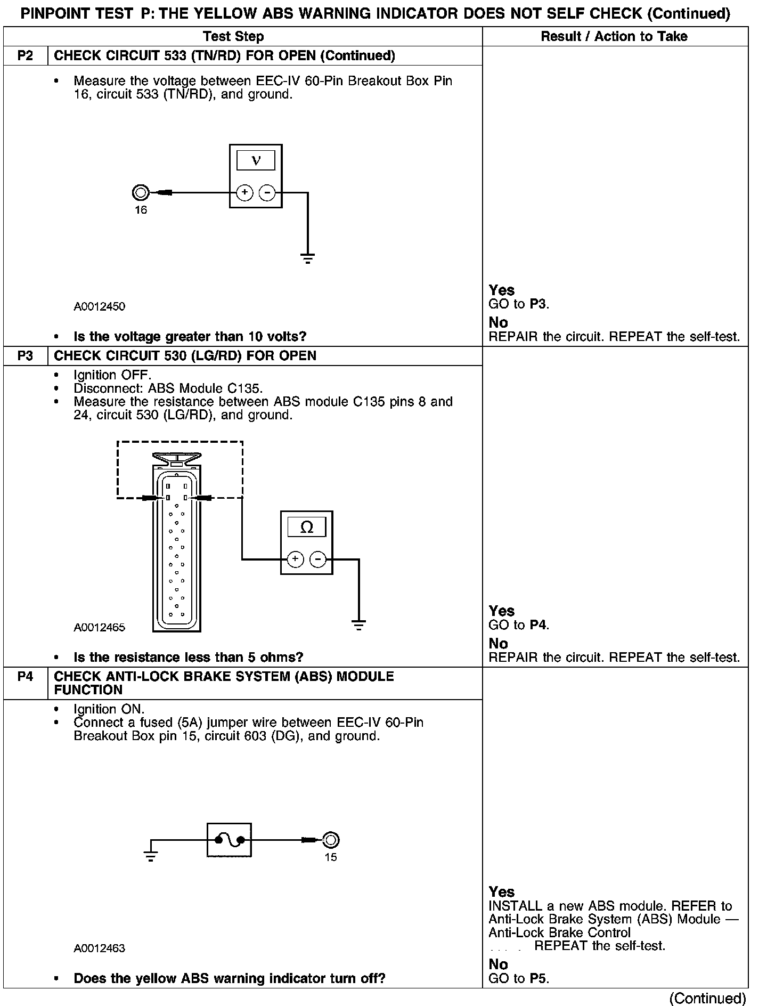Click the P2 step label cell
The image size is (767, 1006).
(25, 56)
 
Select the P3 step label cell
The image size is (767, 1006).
(25, 356)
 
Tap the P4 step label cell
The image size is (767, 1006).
(25, 677)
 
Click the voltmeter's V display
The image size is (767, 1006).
(256, 160)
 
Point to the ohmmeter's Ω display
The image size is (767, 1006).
(307, 528)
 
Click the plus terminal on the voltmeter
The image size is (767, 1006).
(244, 192)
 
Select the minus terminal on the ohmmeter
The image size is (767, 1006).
(318, 559)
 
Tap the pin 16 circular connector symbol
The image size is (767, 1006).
(140, 192)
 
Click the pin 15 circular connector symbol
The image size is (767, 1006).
(331, 840)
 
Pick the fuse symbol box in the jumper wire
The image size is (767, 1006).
(229, 840)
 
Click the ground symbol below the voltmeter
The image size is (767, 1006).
(308, 259)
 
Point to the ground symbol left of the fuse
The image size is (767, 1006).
(151, 857)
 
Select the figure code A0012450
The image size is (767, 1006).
(100, 306)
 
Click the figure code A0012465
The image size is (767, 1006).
(100, 627)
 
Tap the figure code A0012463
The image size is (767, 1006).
(100, 948)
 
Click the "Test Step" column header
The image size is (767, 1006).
(233, 37)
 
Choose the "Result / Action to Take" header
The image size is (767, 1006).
(614, 37)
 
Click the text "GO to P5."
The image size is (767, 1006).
(519, 978)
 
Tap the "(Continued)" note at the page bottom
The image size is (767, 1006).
(707, 997)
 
